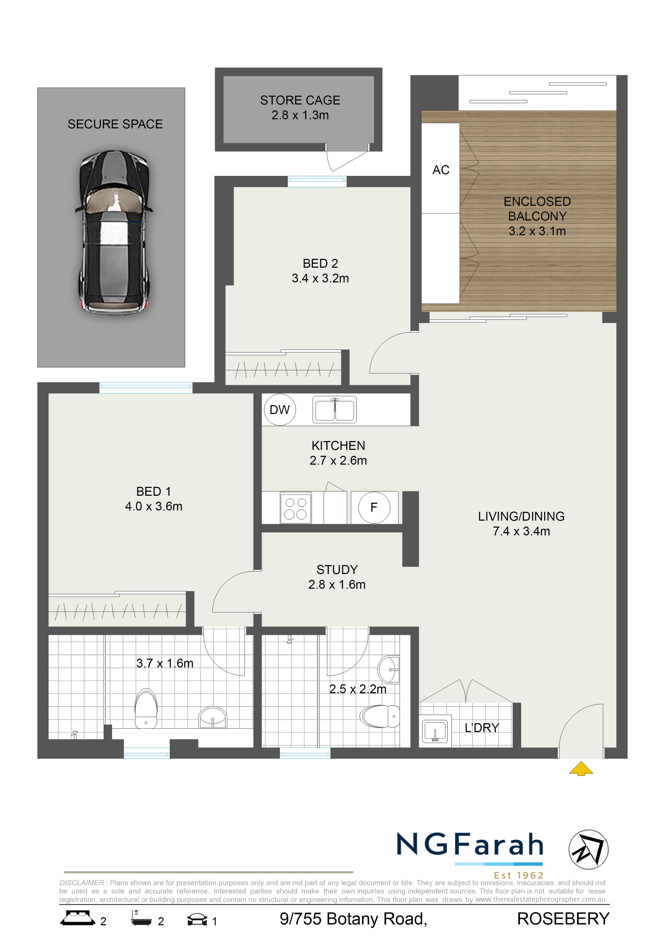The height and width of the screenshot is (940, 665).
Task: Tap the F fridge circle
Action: tap(374, 507)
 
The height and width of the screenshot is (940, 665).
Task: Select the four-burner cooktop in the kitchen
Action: tap(295, 508)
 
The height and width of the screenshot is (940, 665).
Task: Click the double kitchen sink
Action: tap(334, 409)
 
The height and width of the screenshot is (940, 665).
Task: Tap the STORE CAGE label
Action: tap(300, 100)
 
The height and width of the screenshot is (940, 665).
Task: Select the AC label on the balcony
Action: tap(441, 170)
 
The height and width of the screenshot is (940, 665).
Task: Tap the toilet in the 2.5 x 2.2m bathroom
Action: tap(380, 716)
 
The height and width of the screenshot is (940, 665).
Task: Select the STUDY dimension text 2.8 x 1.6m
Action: tap(337, 585)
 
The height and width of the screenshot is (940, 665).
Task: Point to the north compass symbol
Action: tap(588, 849)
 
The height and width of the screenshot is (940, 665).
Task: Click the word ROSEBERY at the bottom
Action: tap(563, 919)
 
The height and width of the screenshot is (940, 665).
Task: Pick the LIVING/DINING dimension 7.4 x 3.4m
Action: tap(521, 531)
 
